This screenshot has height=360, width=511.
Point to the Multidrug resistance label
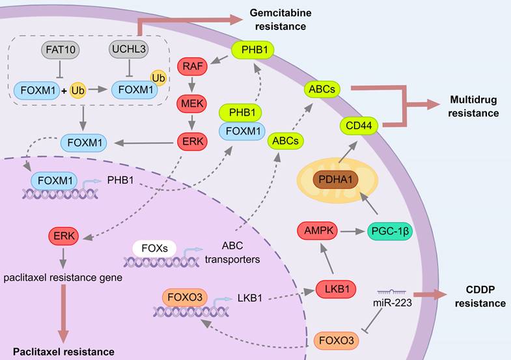coord(474,107)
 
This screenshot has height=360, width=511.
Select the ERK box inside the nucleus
coord(63,236)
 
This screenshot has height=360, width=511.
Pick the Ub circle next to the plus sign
coord(78,87)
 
